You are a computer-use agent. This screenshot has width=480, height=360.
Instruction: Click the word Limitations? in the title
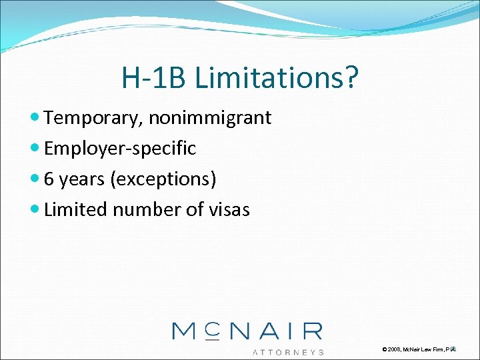pyautogui.click(x=277, y=79)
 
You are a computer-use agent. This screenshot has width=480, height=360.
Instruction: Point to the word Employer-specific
pyautogui.click(x=120, y=149)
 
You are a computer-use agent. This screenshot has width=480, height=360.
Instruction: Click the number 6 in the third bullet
pyautogui.click(x=49, y=179)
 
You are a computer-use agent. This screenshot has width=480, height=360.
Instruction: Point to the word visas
pyautogui.click(x=227, y=209)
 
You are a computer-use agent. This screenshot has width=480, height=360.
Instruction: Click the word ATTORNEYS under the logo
pyautogui.click(x=289, y=351)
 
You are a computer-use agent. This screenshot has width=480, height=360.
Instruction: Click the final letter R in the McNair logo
pyautogui.click(x=311, y=331)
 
